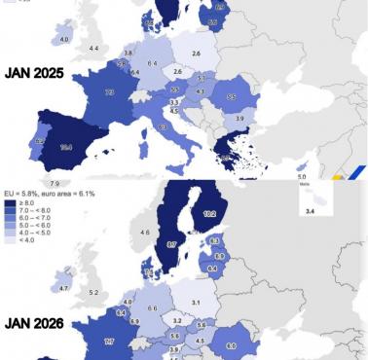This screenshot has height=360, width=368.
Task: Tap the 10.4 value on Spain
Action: click(x=65, y=146)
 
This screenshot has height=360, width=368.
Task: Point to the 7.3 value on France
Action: click(x=109, y=91)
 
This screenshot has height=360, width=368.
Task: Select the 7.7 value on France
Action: click(x=109, y=341)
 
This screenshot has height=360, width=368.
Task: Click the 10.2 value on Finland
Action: click(x=208, y=210)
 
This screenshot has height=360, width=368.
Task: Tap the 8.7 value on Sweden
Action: click(x=170, y=245)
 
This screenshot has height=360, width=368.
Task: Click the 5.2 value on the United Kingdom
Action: click(x=94, y=293)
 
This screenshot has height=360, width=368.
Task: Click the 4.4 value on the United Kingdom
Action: click(x=93, y=48)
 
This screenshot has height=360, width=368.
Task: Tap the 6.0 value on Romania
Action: click(x=231, y=345)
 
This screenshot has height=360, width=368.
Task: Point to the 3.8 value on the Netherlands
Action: click(x=129, y=53)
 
